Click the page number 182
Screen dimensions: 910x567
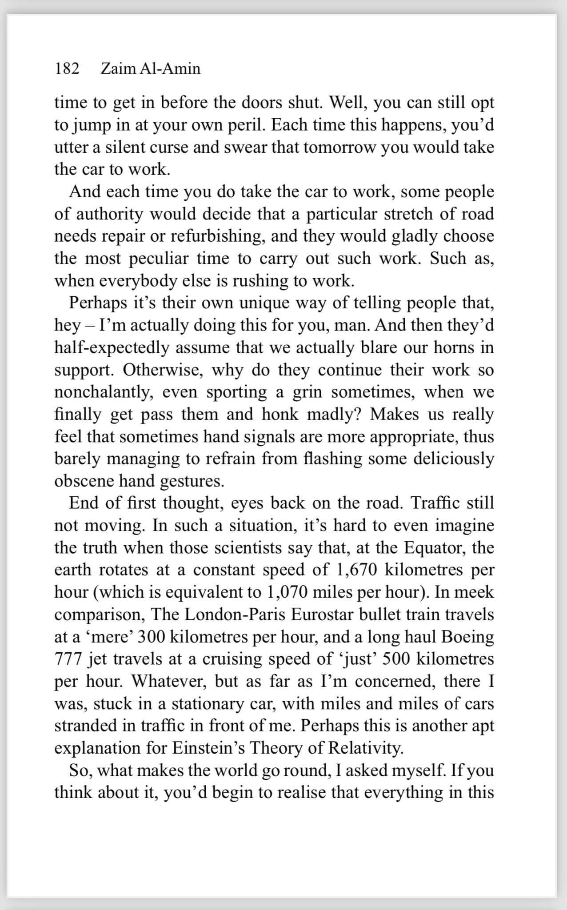67,68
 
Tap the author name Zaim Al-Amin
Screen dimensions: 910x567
151,68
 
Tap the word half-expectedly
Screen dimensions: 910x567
112,347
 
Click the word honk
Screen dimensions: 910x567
280,414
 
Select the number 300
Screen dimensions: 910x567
152,637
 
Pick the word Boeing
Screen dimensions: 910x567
467,637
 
